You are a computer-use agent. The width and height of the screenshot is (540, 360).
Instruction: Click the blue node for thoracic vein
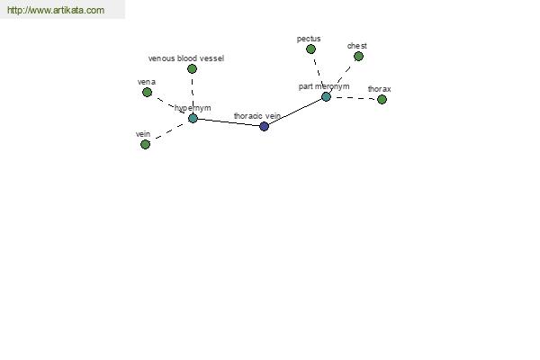[264, 126]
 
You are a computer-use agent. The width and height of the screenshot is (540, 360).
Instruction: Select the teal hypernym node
[193, 119]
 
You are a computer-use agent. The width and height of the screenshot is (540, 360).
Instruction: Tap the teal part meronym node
[326, 97]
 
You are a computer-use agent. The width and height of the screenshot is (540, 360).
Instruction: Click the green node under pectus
[310, 49]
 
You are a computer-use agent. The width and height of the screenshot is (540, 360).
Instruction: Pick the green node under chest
[358, 56]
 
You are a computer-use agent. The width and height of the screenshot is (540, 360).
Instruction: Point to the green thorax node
[382, 100]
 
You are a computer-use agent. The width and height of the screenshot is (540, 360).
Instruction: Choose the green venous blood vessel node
[193, 69]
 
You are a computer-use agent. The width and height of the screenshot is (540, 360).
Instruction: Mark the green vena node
[147, 93]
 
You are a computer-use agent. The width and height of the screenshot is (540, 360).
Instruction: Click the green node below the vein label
[145, 144]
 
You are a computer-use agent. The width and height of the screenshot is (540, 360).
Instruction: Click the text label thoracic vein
[257, 116]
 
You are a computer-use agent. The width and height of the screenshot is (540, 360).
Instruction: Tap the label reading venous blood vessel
[186, 58]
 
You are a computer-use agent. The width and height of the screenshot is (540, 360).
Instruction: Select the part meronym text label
[324, 86]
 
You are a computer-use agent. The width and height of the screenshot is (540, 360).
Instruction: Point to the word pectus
[309, 39]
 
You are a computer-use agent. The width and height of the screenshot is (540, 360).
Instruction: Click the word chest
[357, 46]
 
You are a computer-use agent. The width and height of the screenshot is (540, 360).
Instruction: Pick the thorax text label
[380, 89]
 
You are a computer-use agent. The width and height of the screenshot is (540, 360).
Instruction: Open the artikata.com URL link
[56, 10]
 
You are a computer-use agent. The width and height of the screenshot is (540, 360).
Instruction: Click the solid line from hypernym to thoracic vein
[229, 122]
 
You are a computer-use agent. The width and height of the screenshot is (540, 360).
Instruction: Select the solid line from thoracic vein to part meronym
[295, 112]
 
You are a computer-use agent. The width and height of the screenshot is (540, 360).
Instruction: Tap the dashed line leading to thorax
[355, 98]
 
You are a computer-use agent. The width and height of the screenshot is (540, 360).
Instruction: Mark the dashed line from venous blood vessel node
[193, 91]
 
